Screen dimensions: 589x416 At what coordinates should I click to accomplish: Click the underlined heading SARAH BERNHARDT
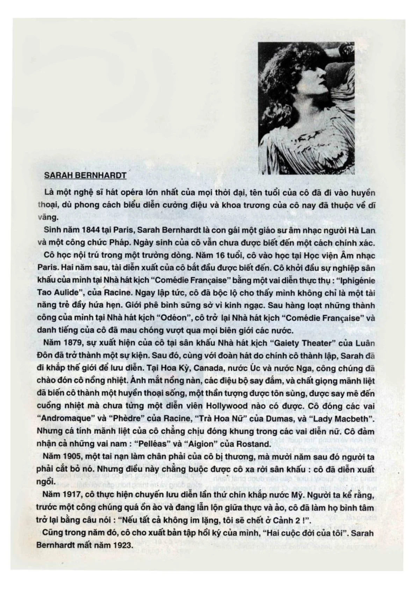pos(85,176)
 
